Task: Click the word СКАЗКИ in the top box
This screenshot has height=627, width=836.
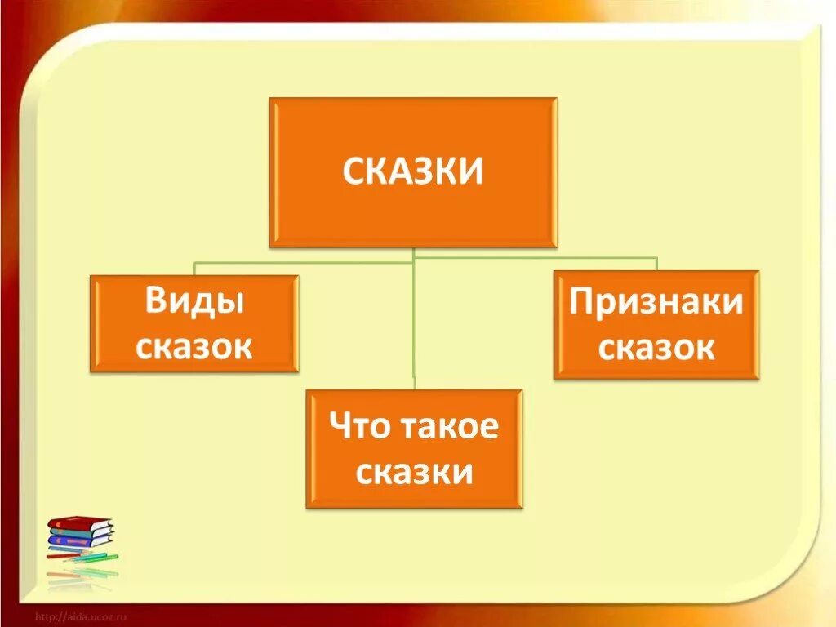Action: [x=412, y=171]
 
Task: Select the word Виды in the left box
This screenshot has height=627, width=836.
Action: [x=194, y=302]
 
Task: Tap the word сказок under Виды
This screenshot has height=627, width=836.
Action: [x=194, y=346]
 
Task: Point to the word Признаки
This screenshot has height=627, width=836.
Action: [x=656, y=301]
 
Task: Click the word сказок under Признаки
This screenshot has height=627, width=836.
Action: [x=656, y=348]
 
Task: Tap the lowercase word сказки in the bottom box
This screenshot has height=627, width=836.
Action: [x=414, y=472]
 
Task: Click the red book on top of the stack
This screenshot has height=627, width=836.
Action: [x=78, y=522]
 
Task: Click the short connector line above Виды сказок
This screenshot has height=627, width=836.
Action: [x=194, y=269]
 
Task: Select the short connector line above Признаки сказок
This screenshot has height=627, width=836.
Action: [x=656, y=264]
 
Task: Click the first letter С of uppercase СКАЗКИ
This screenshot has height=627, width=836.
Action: [x=353, y=172]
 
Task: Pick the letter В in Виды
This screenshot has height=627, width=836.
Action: [x=155, y=302]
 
